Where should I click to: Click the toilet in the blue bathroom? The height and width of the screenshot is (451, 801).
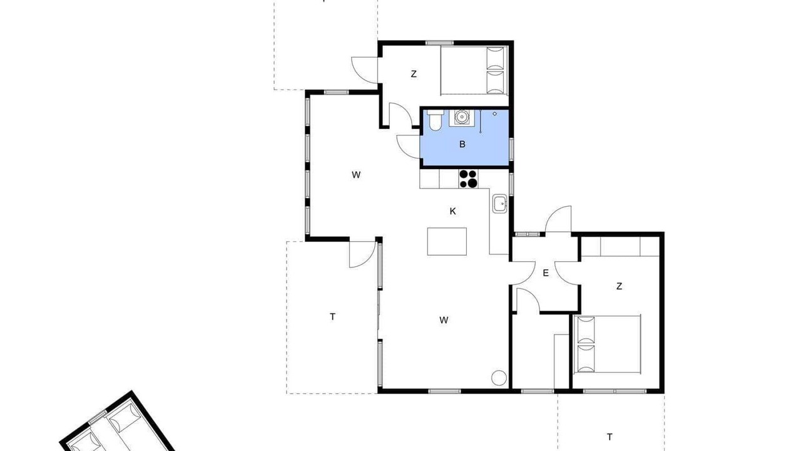tap(435, 121)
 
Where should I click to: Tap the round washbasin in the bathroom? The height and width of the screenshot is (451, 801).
tap(462, 117)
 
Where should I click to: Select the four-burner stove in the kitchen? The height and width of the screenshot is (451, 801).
tap(469, 179)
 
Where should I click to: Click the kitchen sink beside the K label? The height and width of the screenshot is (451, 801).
tap(499, 204)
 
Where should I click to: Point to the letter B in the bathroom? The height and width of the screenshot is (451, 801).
tap(462, 144)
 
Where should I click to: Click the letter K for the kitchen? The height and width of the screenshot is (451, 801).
tap(452, 211)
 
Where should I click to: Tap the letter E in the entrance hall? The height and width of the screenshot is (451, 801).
tap(546, 273)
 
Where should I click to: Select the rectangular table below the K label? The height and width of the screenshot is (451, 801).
tap(447, 242)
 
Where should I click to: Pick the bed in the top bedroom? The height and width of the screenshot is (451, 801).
tap(474, 71)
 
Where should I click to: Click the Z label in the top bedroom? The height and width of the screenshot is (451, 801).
tap(414, 74)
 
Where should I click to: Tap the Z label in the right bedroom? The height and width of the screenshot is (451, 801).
tap(620, 286)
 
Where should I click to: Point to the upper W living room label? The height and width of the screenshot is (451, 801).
tap(356, 175)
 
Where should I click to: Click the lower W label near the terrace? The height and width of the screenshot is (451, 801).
tap(444, 320)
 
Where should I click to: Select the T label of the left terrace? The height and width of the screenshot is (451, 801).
tap(332, 317)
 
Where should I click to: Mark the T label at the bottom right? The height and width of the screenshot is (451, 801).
tap(610, 437)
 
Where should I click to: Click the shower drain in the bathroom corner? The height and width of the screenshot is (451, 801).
tap(495, 114)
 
